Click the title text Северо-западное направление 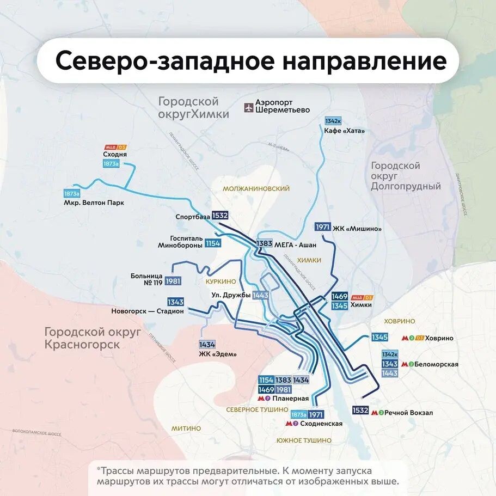tap(250, 60)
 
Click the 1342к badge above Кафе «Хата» tap(333, 121)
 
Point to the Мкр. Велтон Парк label tap(94, 203)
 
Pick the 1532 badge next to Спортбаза tap(220, 216)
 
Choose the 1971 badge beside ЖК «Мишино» tap(323, 227)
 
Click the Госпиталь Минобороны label tap(179, 242)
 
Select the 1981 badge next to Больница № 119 tap(173, 280)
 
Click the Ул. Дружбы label tap(231, 295)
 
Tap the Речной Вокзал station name tap(408, 413)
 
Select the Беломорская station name tap(436, 364)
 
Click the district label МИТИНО tap(186, 428)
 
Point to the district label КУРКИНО tap(221, 282)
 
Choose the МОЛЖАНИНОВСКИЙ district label tap(256, 188)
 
